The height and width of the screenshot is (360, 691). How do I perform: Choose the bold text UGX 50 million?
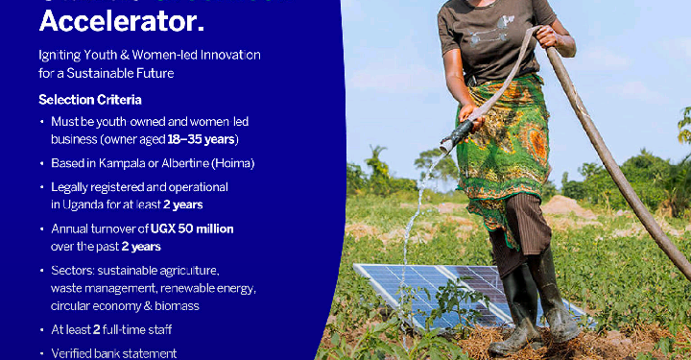coord(192,228)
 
